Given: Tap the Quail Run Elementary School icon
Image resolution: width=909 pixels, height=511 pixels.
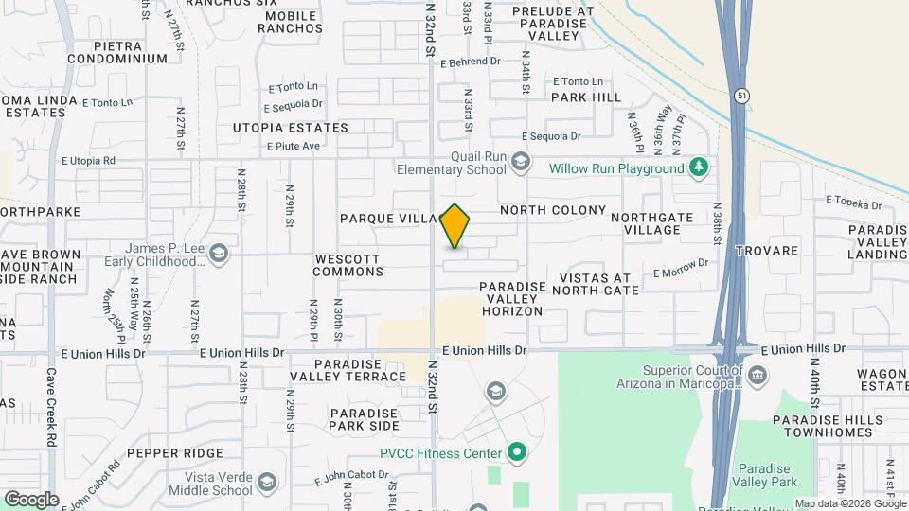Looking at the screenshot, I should click(x=520, y=163).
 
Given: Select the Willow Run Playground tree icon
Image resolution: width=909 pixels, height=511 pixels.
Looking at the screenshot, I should click(x=699, y=168).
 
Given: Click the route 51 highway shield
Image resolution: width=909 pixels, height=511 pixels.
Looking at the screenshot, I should click(x=740, y=96).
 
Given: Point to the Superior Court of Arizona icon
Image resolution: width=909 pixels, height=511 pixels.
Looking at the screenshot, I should click(x=757, y=377).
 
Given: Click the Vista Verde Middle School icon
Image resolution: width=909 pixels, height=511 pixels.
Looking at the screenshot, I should click(x=267, y=482).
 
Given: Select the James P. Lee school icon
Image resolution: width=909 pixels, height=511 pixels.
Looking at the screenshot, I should click(x=219, y=253).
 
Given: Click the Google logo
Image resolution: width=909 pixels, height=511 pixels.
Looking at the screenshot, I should click(x=30, y=499).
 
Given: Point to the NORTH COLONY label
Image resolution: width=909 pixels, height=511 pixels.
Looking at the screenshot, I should click(x=553, y=210).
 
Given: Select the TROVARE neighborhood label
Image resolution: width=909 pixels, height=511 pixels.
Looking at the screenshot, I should click(x=774, y=252).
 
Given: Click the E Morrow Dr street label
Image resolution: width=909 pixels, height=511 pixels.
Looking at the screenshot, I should click(x=681, y=269).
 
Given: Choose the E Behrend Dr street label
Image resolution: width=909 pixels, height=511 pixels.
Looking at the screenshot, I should click(x=471, y=62).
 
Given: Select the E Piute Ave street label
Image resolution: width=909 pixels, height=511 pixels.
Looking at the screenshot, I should click(x=294, y=146).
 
